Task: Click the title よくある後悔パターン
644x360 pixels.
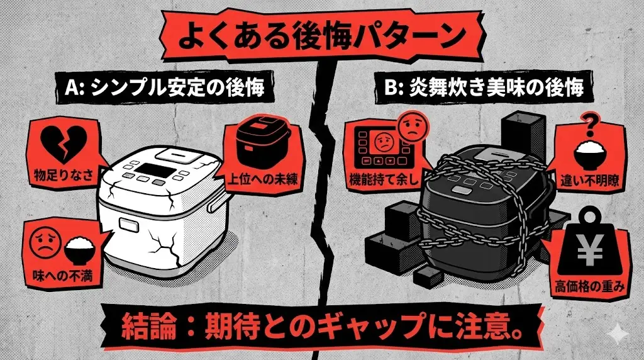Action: coord(321,36)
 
